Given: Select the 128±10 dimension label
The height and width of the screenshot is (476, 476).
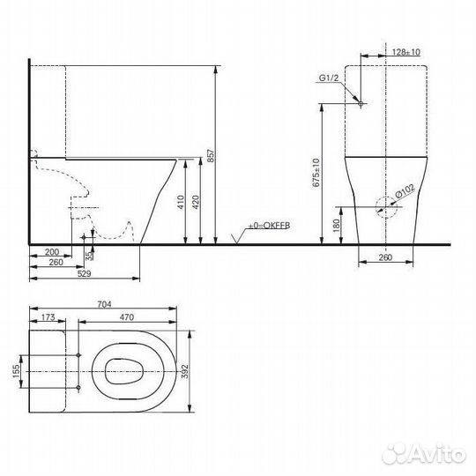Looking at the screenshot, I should pyautogui.click(x=405, y=52).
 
